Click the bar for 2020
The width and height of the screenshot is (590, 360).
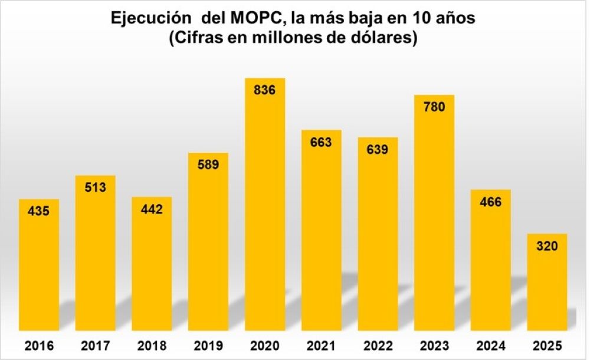(265, 207)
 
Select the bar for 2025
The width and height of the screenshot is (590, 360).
(547, 283)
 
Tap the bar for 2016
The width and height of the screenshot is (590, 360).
(39, 266)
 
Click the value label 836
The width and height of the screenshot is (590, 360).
(265, 90)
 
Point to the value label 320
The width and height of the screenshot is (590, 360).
(547, 246)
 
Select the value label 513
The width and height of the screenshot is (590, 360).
(96, 188)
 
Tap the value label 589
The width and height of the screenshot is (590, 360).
(208, 165)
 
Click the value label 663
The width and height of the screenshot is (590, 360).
(321, 142)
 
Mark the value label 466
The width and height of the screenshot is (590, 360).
(490, 202)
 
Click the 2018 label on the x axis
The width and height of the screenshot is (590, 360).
(152, 346)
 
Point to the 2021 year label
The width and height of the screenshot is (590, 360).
(321, 346)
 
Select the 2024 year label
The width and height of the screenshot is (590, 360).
(490, 346)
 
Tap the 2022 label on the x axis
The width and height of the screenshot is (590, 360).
(378, 346)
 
